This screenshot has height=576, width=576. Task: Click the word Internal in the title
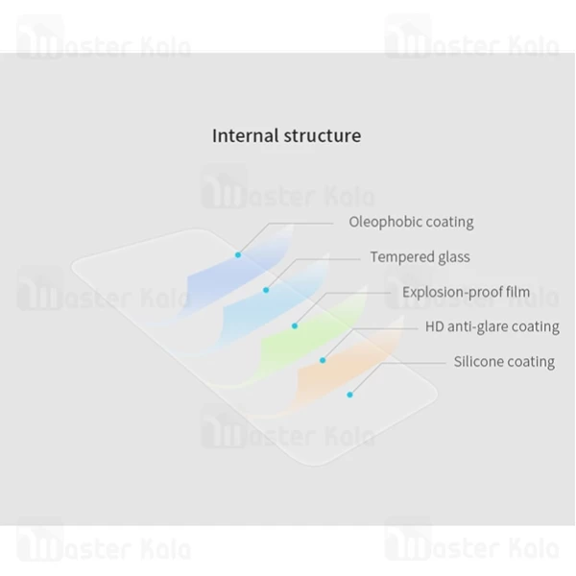[245, 135]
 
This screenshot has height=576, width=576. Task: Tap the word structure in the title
[323, 135]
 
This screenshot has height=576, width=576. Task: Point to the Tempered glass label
[420, 257]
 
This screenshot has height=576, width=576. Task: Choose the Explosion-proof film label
[466, 292]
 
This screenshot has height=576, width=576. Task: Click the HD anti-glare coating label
[492, 326]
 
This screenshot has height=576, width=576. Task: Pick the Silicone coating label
[504, 362]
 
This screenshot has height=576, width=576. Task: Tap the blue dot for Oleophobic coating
[238, 254]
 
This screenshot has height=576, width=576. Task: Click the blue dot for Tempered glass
[266, 289]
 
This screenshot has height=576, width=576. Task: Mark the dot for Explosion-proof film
[295, 325]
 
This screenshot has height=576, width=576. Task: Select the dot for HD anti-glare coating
[323, 360]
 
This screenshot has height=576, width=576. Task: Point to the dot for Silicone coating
[350, 394]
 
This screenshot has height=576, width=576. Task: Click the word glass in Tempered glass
[450, 257]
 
